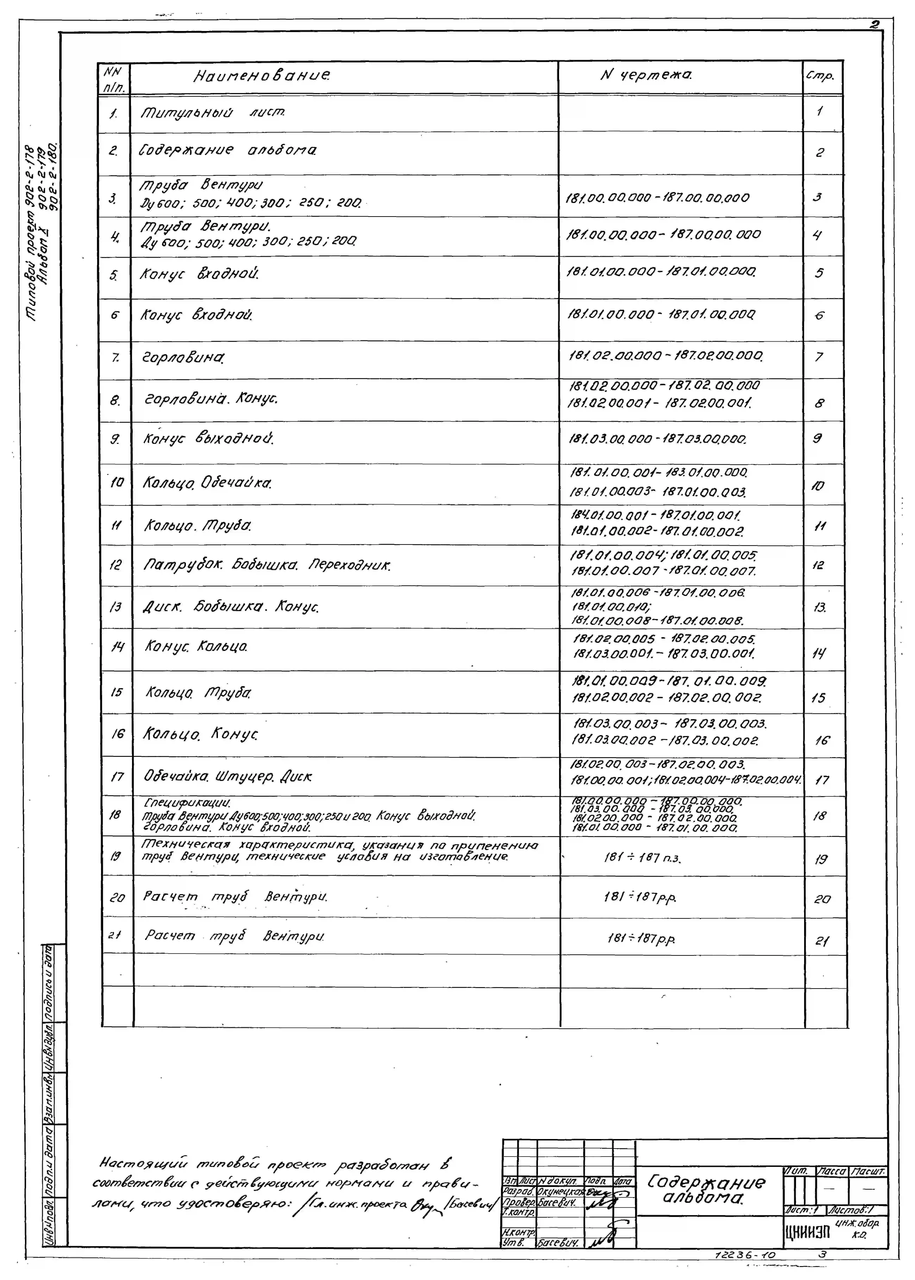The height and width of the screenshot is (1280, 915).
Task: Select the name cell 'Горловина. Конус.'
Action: click(211, 399)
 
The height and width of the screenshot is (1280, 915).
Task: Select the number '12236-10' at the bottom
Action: click(745, 1255)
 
